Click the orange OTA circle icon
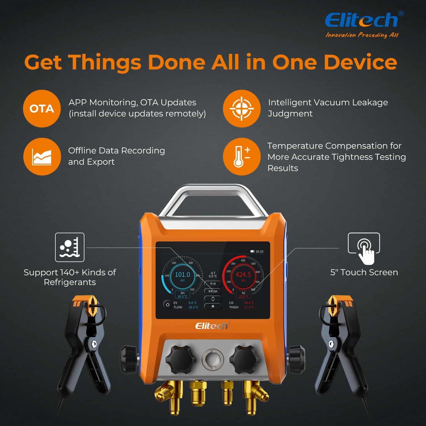[x=42, y=108]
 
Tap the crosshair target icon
[x=241, y=108]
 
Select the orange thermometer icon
[x=241, y=156]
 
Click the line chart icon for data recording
[x=42, y=156]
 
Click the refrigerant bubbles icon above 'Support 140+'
[x=70, y=247]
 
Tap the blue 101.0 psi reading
[x=182, y=275]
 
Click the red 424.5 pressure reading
[x=243, y=275]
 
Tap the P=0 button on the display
[x=213, y=284]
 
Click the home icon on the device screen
[x=167, y=304]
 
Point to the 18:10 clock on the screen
[x=259, y=251]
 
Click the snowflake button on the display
[x=213, y=306]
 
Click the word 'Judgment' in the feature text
[x=290, y=114]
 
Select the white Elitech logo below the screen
[x=212, y=326]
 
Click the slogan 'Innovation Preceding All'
[x=362, y=35]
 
